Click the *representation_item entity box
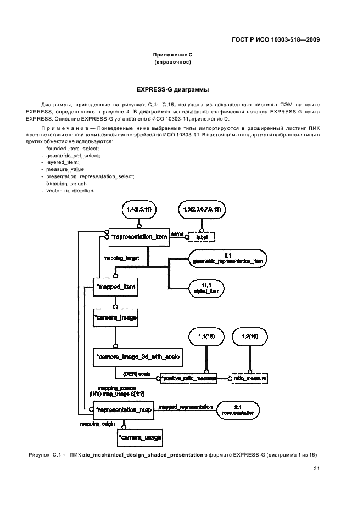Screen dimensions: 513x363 point(138,237)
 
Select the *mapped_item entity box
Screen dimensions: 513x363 point(114,287)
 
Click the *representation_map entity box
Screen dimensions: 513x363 point(123,410)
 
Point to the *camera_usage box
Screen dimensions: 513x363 point(140,438)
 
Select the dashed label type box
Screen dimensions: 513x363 point(201,237)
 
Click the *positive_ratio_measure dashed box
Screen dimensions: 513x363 point(187,379)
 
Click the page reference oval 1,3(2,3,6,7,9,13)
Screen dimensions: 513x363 point(202,210)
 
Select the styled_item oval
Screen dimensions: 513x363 point(206,289)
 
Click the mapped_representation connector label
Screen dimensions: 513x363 point(185,407)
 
